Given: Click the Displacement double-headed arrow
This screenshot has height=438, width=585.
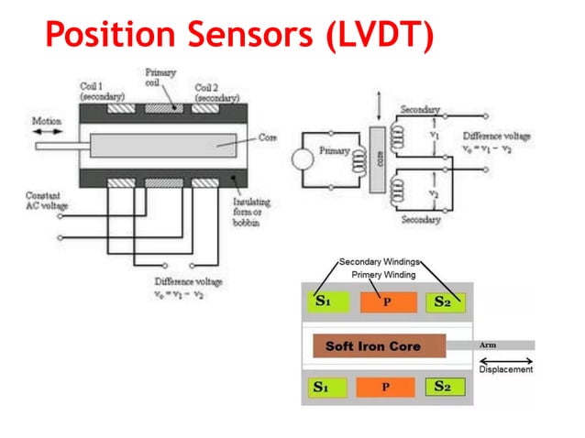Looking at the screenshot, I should [505, 358].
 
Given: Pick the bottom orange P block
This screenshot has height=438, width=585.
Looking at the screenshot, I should [385, 387].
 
